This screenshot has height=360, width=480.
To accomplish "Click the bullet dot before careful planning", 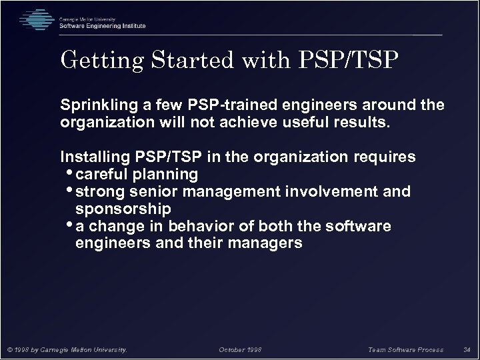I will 71,173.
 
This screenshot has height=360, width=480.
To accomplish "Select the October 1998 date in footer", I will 241,348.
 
